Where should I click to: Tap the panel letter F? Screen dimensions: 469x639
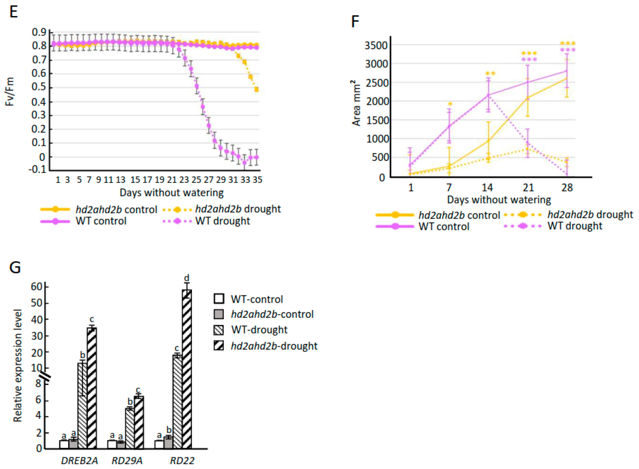tap(355, 21)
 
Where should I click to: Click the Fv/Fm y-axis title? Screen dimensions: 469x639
tap(10, 92)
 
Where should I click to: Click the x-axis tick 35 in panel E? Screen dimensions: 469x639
tap(257, 180)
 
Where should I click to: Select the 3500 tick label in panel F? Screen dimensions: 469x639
tap(376, 45)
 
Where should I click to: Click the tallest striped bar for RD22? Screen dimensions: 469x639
tap(187, 369)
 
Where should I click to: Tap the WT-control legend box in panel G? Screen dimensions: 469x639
tap(219, 299)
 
